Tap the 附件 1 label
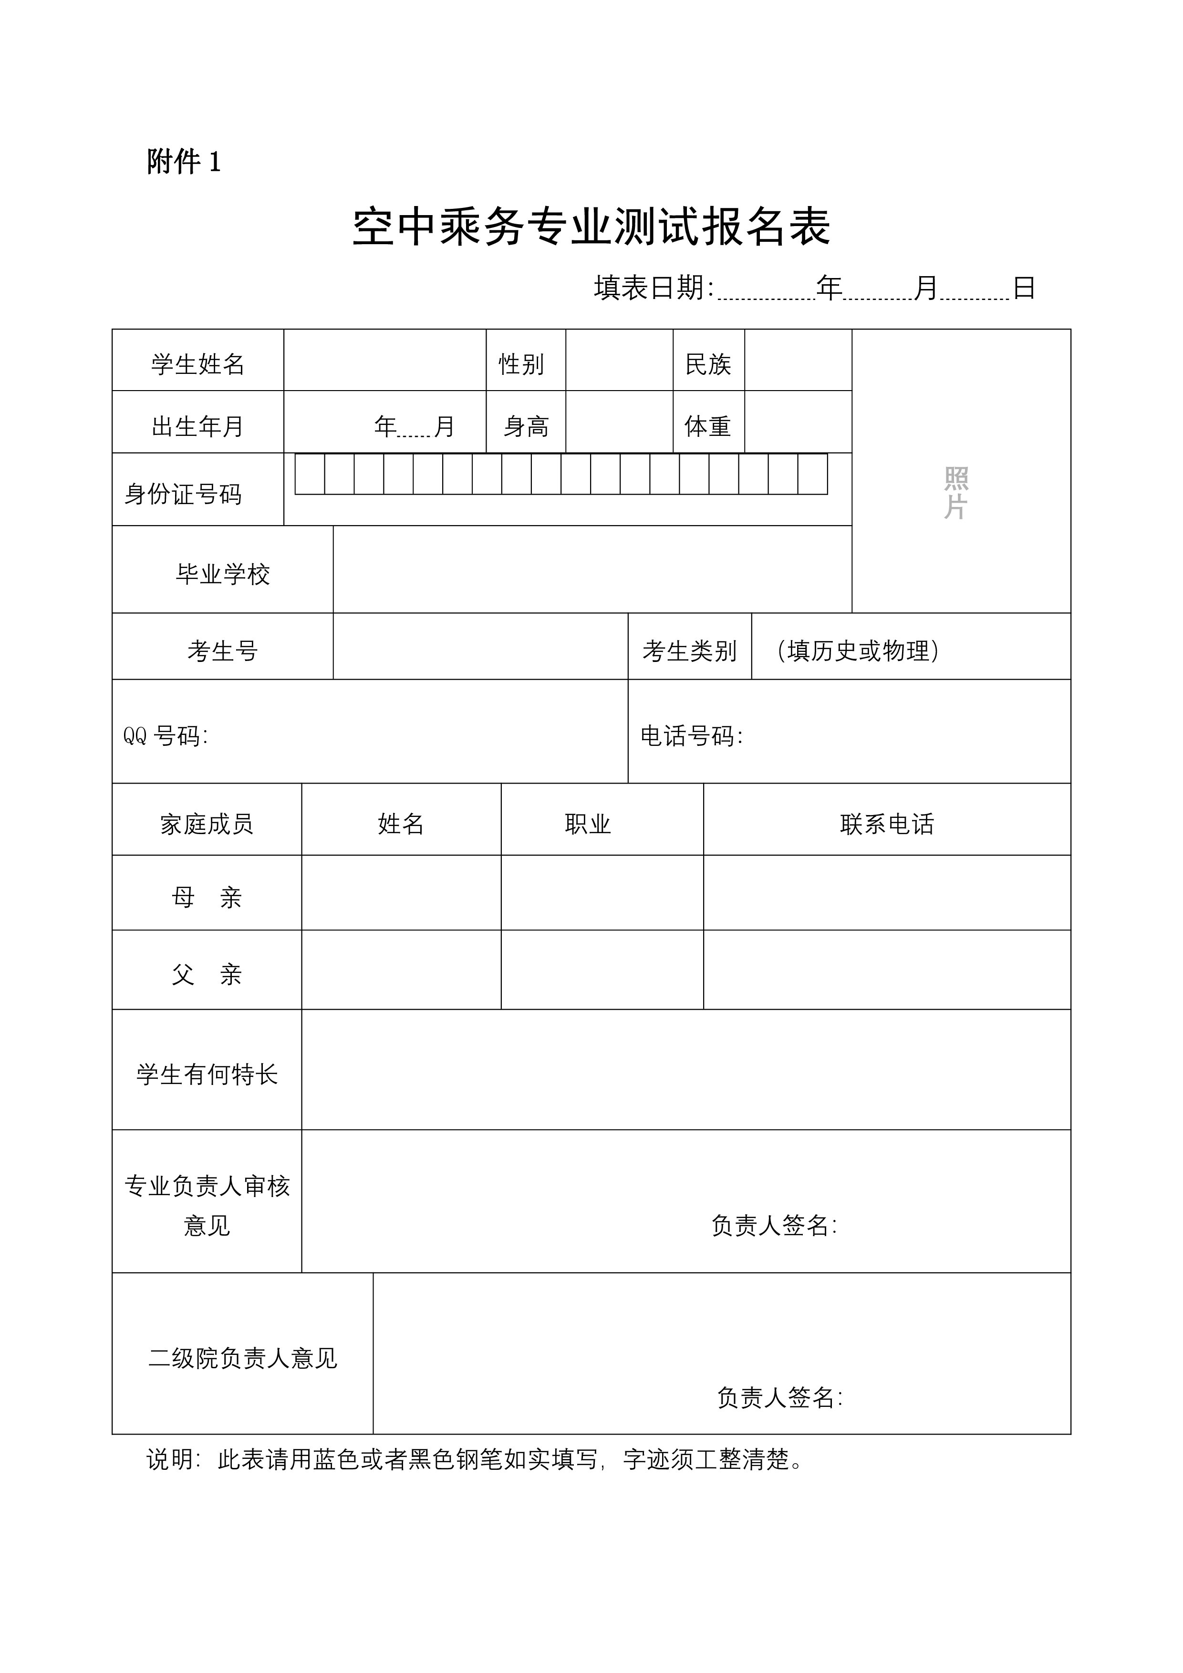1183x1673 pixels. point(184,162)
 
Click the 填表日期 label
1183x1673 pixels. point(653,289)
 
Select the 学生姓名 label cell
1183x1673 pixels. point(197,363)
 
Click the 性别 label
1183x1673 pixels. point(521,363)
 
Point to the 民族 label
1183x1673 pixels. point(708,363)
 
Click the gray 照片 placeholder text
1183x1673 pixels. point(955,493)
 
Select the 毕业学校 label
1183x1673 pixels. point(223,574)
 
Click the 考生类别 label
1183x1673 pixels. point(690,651)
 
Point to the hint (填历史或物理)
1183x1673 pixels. point(858,651)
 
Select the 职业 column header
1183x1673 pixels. point(588,824)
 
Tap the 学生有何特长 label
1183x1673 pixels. point(207,1074)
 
